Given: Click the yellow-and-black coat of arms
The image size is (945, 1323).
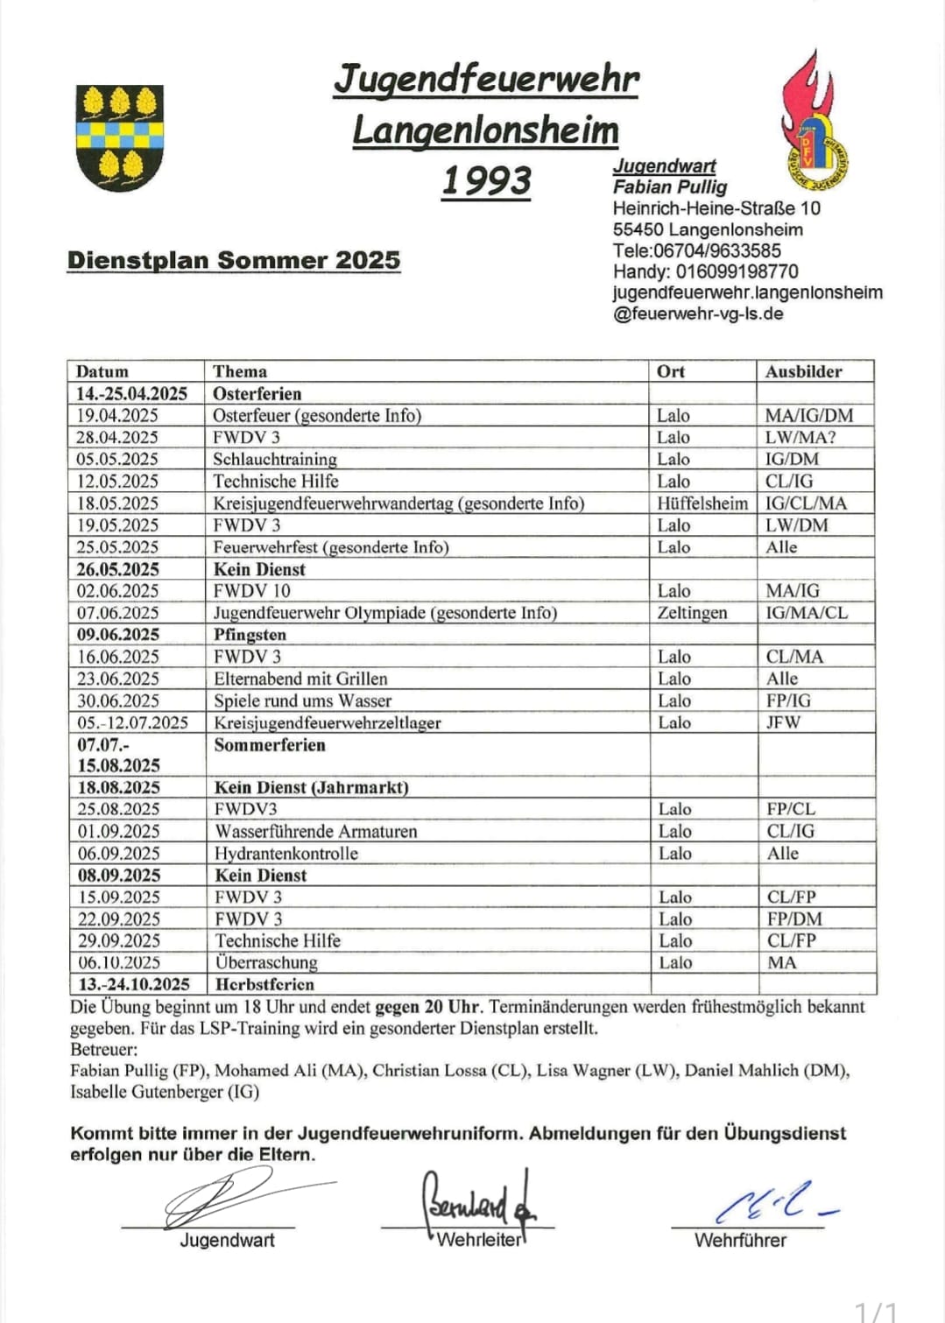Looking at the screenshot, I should coord(120,137).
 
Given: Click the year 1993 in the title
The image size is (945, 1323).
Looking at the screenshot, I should coord(486,181).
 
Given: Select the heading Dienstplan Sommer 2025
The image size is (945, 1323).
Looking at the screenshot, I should coord(234,261).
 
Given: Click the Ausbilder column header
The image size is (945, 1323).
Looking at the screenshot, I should coord(803,371).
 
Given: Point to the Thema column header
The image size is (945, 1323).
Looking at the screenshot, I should coord(240,371).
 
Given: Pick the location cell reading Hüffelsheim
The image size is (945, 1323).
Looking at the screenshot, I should coord(702,503).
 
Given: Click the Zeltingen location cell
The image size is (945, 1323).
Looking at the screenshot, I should coord(692,613).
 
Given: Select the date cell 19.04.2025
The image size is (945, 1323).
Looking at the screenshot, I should coord(117,416).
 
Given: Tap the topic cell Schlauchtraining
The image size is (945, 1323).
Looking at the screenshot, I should coord(275,460).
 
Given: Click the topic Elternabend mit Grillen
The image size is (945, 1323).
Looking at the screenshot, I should coord(300,679).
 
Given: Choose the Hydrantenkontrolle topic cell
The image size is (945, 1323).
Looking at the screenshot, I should coord(286,854).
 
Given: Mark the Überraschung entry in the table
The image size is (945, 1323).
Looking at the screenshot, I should coord(266,962).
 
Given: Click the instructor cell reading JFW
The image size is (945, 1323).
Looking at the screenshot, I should coord(783,723).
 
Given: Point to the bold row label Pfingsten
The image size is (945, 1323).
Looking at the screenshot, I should coord(250,635).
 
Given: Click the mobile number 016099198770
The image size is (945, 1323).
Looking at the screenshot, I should coord(737,271).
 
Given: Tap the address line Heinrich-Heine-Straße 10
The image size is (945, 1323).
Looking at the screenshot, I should coord(716,208).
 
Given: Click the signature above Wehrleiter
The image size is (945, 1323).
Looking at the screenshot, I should coord(477,1200).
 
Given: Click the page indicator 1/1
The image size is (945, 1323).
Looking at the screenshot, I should coord(877,1311).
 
